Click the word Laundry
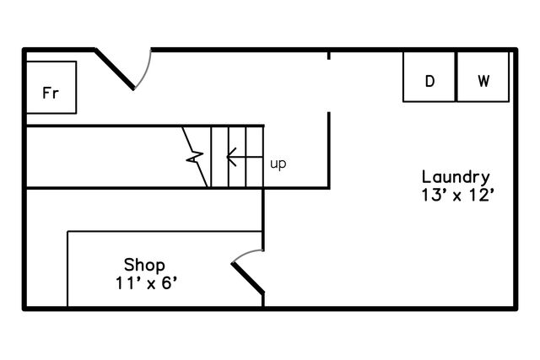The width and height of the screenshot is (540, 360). pos(456,178)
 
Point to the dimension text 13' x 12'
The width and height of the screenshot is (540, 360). pos(457,195)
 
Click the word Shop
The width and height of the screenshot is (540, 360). pos(144,266)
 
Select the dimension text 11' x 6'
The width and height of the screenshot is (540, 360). pos(146,283)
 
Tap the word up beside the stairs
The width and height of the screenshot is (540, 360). pos(278,164)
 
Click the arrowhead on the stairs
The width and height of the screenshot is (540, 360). pos(231,157)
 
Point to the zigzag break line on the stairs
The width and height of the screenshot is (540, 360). pos(195,157)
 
